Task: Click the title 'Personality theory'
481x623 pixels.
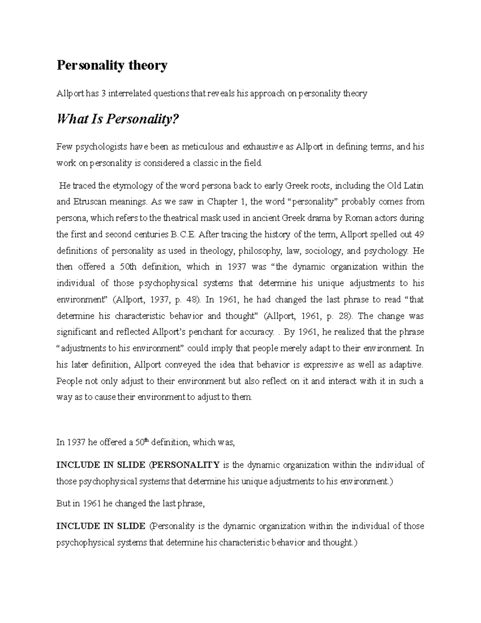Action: click(x=112, y=65)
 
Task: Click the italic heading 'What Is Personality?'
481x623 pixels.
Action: click(x=117, y=119)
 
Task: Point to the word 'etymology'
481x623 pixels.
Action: click(x=129, y=186)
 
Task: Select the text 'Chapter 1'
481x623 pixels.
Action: click(x=229, y=202)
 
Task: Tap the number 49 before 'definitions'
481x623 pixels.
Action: click(x=419, y=234)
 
